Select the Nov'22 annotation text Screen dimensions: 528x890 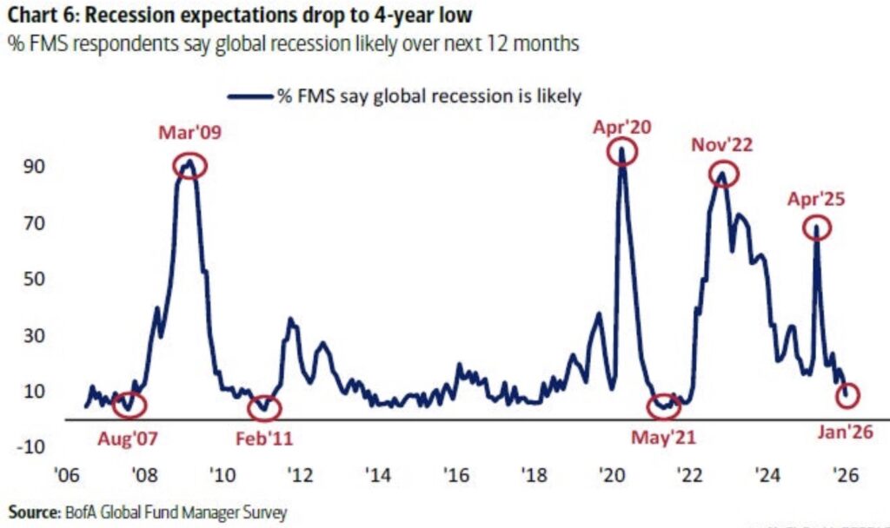[723, 145]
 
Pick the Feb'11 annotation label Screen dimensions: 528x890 [264, 437]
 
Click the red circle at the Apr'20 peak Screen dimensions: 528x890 [622, 151]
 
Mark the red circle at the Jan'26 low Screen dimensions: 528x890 [847, 395]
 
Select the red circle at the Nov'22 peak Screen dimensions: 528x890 [722, 174]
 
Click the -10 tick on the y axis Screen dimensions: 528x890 [33, 446]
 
